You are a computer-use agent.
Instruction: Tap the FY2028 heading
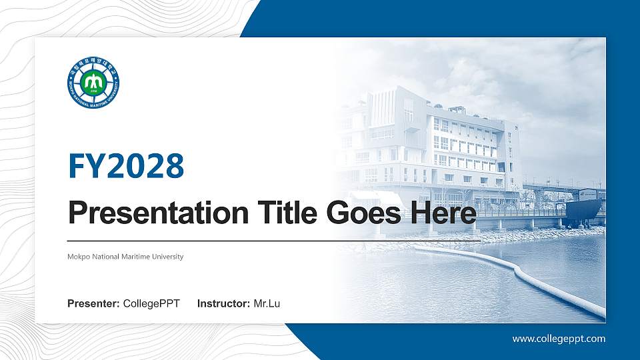tap(126, 166)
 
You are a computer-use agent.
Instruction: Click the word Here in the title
tap(444, 214)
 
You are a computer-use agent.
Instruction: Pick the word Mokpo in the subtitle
tap(77, 257)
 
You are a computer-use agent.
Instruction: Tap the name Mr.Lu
tap(267, 304)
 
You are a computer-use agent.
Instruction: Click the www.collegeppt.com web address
tap(559, 339)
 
